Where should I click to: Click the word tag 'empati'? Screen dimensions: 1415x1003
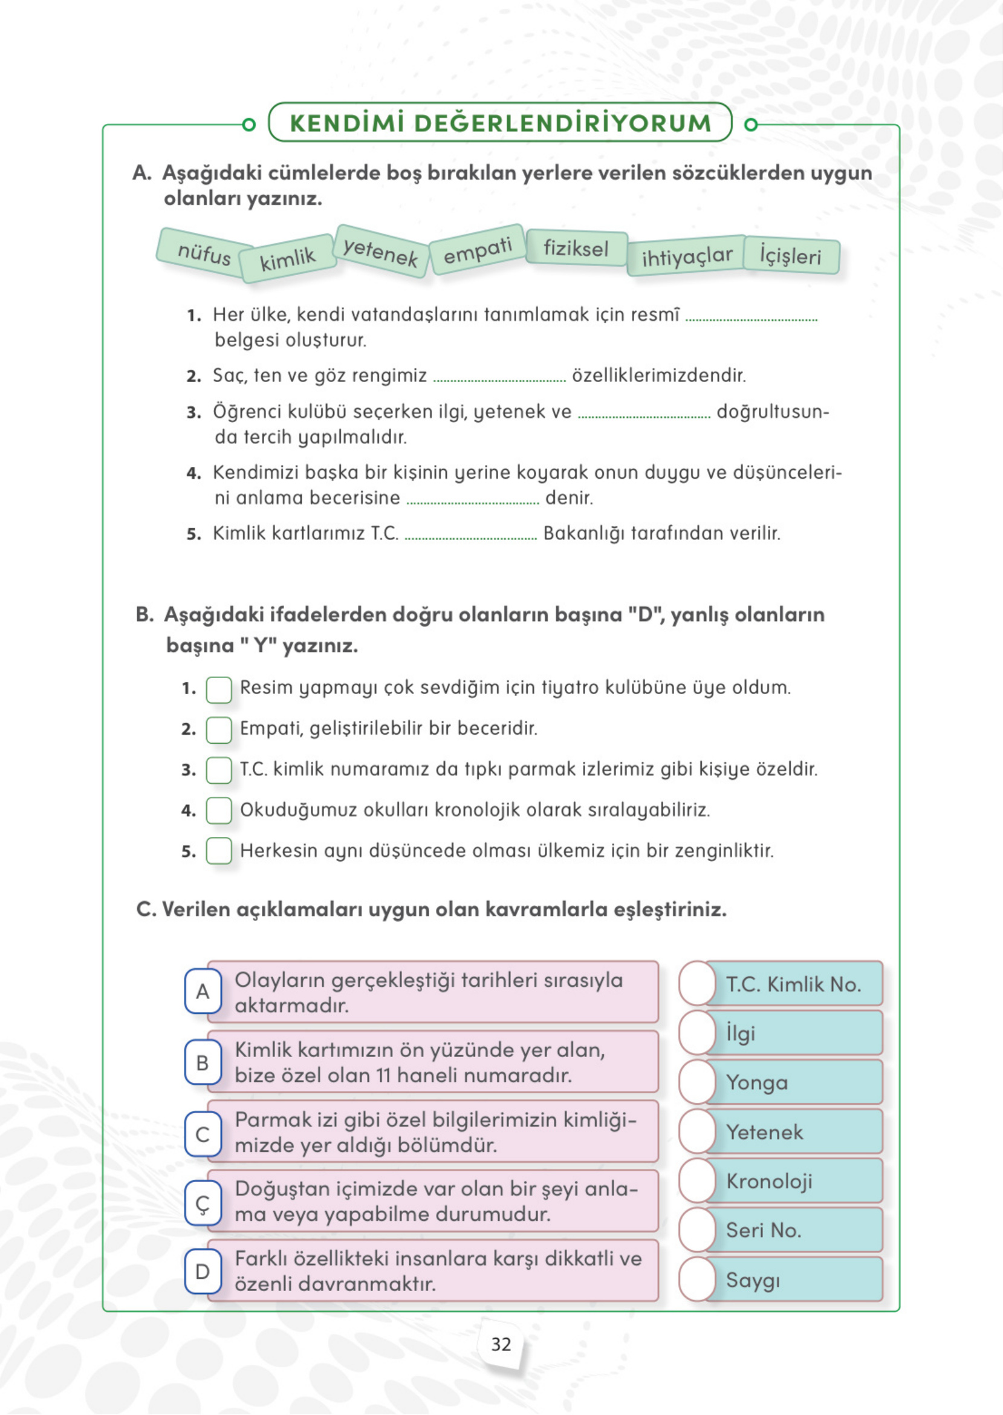pyautogui.click(x=478, y=250)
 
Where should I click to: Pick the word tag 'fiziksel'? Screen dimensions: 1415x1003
pyautogui.click(x=576, y=249)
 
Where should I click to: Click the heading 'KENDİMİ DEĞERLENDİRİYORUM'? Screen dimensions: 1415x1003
pyautogui.click(x=500, y=122)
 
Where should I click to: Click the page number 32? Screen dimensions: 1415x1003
pyautogui.click(x=500, y=1345)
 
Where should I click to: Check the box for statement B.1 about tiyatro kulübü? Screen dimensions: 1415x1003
pyautogui.click(x=219, y=689)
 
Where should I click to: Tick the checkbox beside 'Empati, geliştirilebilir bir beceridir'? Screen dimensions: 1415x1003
pyautogui.click(x=219, y=730)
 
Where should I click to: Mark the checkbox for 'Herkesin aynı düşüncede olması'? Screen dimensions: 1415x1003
pyautogui.click(x=219, y=851)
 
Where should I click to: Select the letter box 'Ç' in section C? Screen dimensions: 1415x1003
pyautogui.click(x=203, y=1203)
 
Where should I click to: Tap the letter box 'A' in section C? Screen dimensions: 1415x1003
pyautogui.click(x=203, y=991)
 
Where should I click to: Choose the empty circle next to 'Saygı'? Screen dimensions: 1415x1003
pyautogui.click(x=697, y=1279)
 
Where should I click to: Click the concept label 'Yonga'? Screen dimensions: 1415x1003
pyautogui.click(x=756, y=1082)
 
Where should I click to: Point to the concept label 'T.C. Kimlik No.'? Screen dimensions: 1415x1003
pyautogui.click(x=793, y=984)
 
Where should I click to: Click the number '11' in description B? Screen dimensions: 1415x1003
pyautogui.click(x=383, y=1075)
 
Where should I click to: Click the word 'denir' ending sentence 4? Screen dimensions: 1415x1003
pyautogui.click(x=568, y=498)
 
